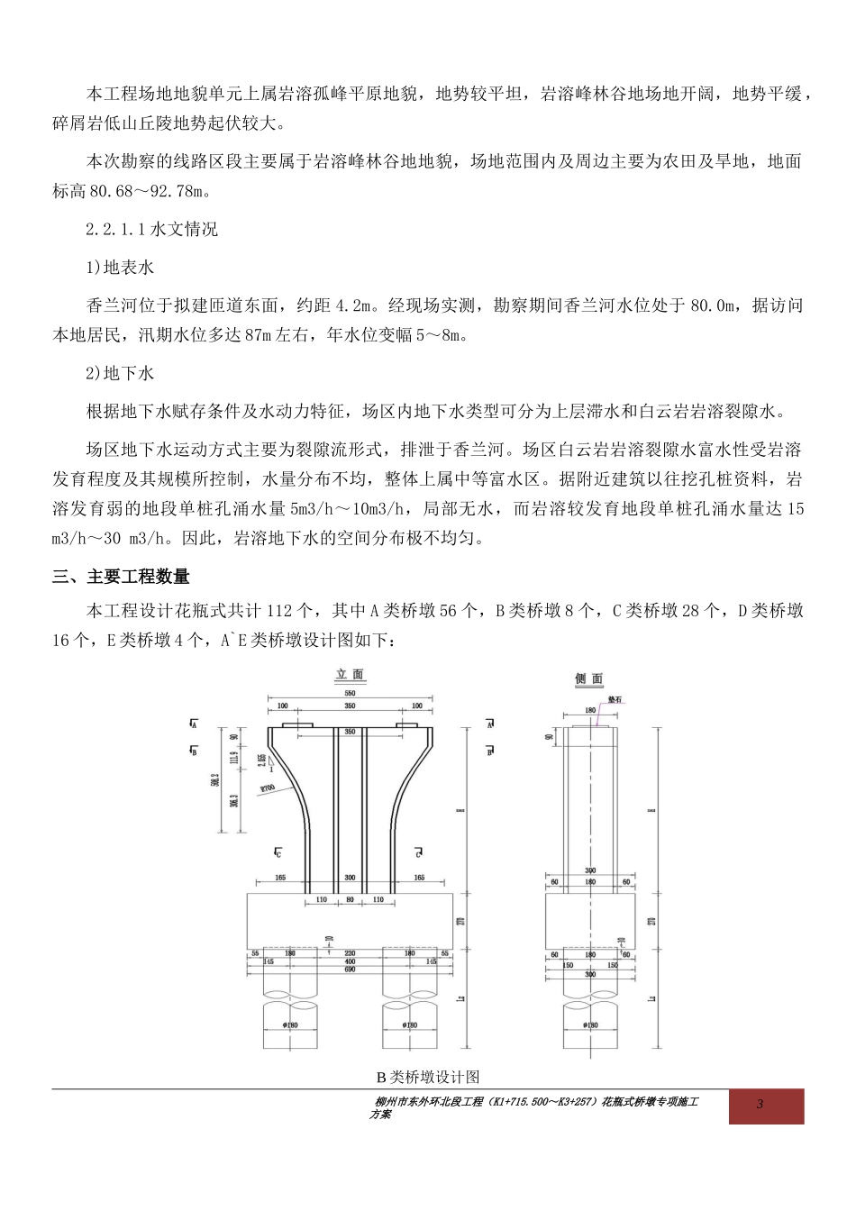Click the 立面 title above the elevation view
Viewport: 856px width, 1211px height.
click(x=350, y=674)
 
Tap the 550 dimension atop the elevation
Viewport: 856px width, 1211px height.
click(x=350, y=693)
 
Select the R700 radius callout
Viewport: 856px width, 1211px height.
click(x=267, y=788)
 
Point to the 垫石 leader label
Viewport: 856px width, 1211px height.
click(x=615, y=698)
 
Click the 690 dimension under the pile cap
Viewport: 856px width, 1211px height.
click(x=350, y=970)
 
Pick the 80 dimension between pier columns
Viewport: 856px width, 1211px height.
click(x=350, y=899)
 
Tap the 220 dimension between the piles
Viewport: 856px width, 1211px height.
click(x=350, y=952)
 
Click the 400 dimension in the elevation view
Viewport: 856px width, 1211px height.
click(x=350, y=961)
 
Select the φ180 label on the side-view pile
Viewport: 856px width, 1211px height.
click(x=590, y=1024)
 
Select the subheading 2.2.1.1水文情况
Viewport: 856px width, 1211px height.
click(x=151, y=230)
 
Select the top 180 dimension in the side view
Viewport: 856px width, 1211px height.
click(x=590, y=710)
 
